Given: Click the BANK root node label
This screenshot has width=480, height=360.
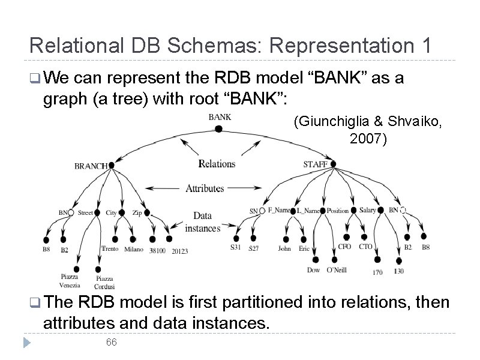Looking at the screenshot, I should [219, 117].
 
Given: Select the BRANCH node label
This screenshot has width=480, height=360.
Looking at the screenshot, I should [91, 166].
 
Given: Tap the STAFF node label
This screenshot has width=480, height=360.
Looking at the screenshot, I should [316, 164].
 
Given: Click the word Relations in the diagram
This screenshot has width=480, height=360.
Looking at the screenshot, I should [217, 164].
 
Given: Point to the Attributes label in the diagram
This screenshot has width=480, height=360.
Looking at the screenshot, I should [205, 188].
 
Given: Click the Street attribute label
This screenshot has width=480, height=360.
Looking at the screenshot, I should [86, 212].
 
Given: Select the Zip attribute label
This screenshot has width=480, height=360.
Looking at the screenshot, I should [137, 212].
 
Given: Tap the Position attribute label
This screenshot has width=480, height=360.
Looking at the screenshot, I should [338, 211].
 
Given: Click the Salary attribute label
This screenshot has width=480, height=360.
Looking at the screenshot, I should [368, 210].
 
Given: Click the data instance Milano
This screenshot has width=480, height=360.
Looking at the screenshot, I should [134, 249].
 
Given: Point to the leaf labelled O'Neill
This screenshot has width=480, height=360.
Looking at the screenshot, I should [337, 270].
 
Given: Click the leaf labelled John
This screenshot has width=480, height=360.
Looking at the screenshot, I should [284, 248].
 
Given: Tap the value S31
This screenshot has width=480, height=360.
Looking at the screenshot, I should [236, 247].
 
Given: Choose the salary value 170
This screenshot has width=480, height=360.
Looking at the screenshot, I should [377, 272].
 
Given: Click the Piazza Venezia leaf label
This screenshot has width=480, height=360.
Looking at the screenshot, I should [70, 281].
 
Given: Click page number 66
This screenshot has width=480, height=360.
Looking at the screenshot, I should [111, 342].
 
